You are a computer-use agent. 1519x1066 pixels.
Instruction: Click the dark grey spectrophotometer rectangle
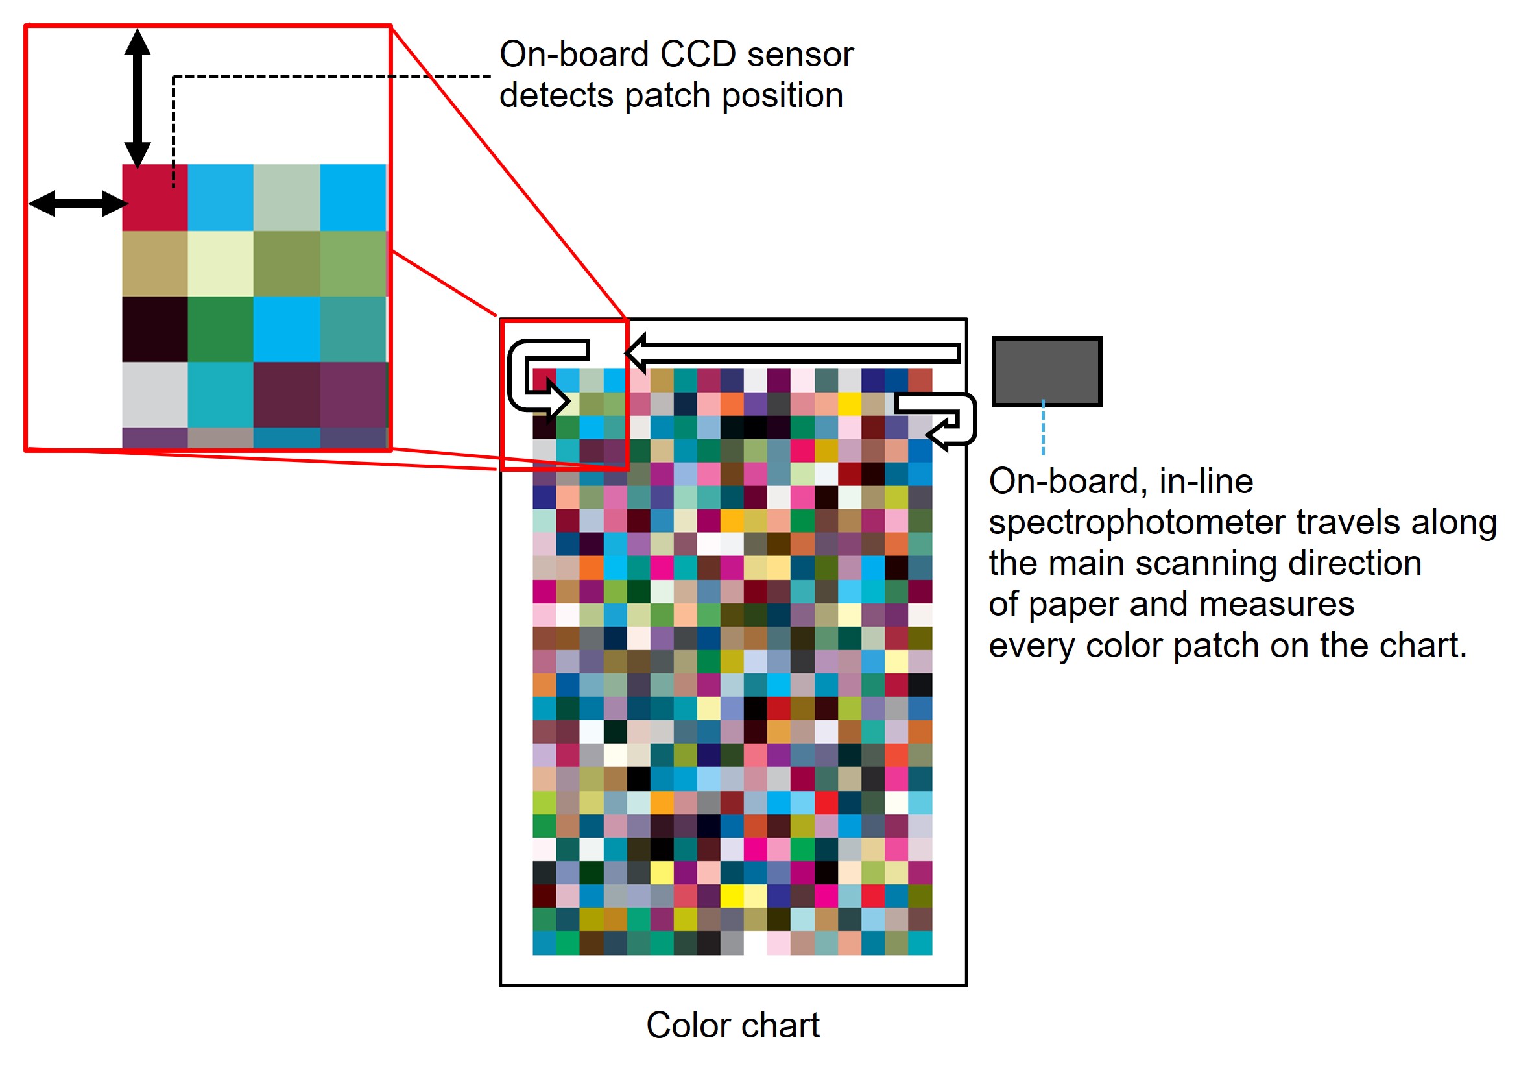[1046, 371]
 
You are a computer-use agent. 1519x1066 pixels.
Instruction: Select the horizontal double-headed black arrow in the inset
[77, 203]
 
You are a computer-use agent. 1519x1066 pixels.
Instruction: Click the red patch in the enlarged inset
[155, 197]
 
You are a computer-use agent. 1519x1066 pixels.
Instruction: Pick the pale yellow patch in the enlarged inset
[221, 263]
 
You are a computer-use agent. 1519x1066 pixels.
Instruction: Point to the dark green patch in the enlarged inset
[221, 329]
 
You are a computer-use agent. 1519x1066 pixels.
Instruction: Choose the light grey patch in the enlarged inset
[155, 394]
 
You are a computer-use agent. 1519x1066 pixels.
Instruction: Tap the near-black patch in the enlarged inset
[155, 329]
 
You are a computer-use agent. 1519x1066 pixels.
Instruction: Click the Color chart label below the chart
[732, 1025]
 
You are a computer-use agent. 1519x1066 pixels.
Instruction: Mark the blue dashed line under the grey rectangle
[1043, 428]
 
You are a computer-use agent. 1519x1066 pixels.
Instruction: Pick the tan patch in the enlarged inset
[155, 263]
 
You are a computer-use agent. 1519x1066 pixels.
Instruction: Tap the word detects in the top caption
[556, 96]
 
